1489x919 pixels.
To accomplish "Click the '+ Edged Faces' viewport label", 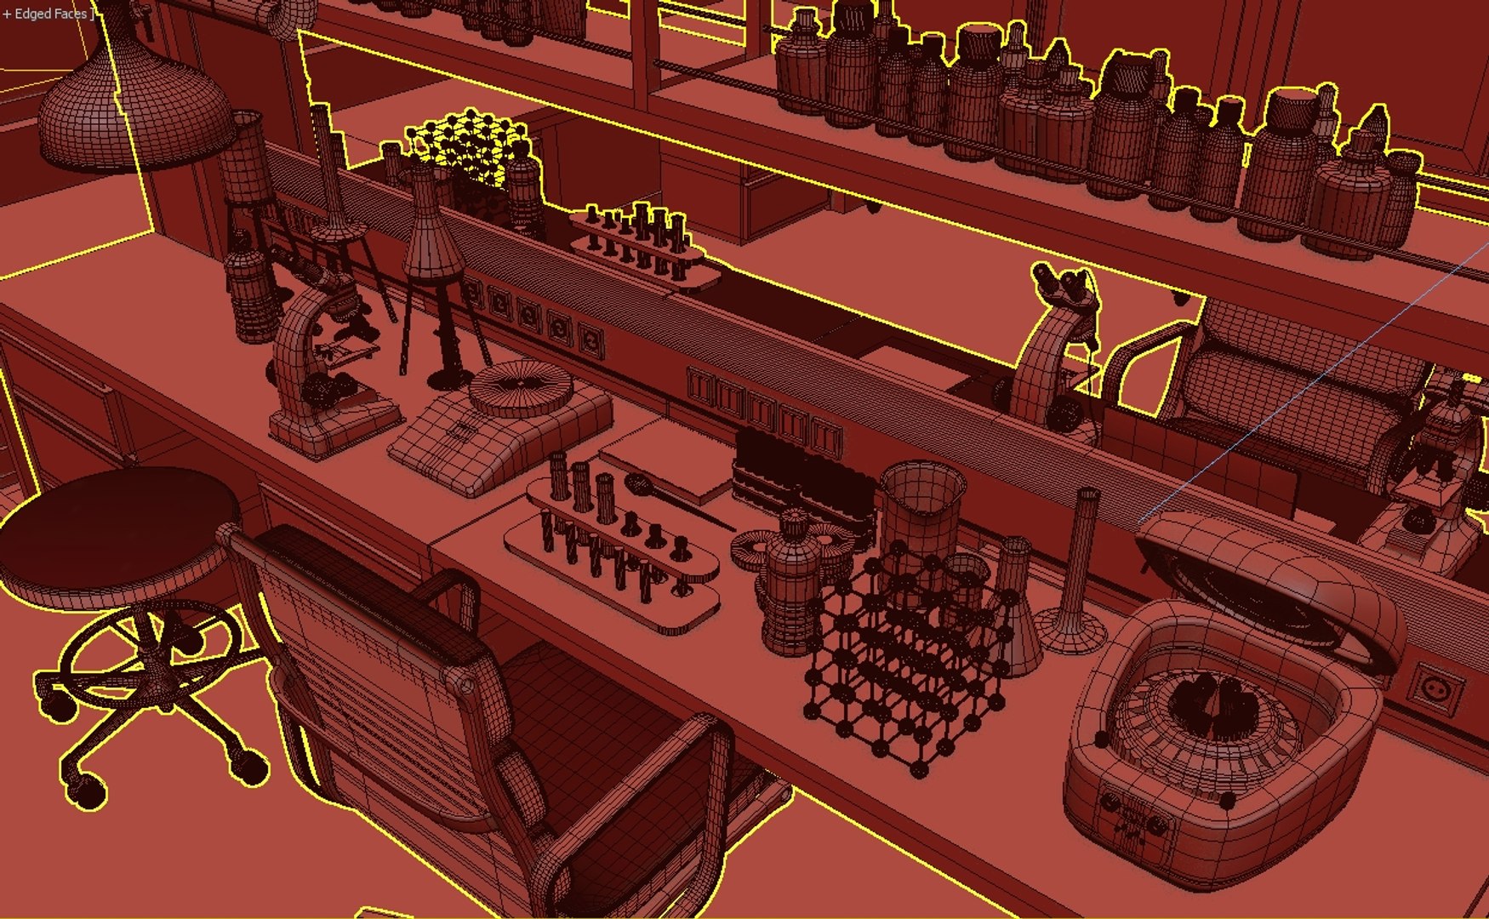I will point(47,14).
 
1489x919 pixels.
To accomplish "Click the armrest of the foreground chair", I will point(447,587).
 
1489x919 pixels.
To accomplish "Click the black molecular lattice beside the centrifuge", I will point(902,672).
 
